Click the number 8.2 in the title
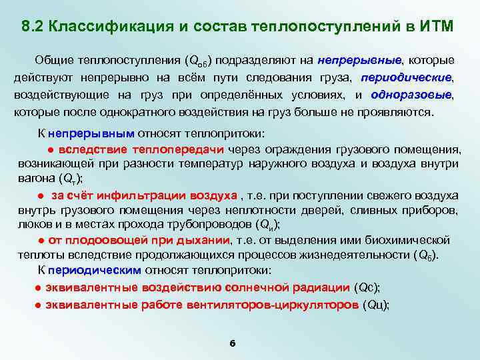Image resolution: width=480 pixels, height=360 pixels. [32, 27]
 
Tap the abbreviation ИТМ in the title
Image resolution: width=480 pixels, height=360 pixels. [437, 27]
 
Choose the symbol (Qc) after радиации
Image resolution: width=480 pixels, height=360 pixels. [367, 287]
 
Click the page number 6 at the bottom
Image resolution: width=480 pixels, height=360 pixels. [232, 343]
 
